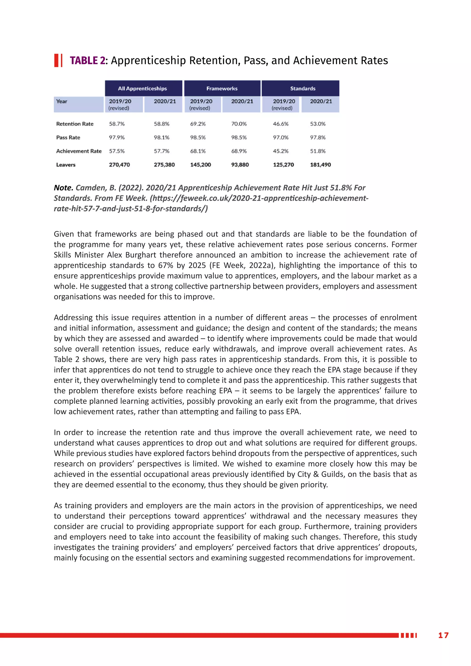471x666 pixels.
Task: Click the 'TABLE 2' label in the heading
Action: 87,61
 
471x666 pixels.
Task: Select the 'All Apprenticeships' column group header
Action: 142,89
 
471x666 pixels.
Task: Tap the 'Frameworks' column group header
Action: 222,89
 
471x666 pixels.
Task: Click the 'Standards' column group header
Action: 302,89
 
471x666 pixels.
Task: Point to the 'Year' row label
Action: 61,101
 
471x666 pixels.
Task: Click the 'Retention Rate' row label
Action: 75,124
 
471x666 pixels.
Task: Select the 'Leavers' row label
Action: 66,165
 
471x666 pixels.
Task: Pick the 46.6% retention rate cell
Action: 280,124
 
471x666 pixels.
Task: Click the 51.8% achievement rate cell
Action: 318,151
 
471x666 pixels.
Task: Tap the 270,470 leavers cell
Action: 119,165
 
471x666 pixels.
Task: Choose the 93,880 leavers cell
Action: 240,165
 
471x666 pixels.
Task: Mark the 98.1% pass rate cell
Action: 161,138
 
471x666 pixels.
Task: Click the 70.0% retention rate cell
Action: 239,124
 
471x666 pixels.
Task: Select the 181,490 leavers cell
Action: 320,165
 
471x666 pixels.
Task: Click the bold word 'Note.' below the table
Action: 63,188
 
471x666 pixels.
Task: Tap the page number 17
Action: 443,635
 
